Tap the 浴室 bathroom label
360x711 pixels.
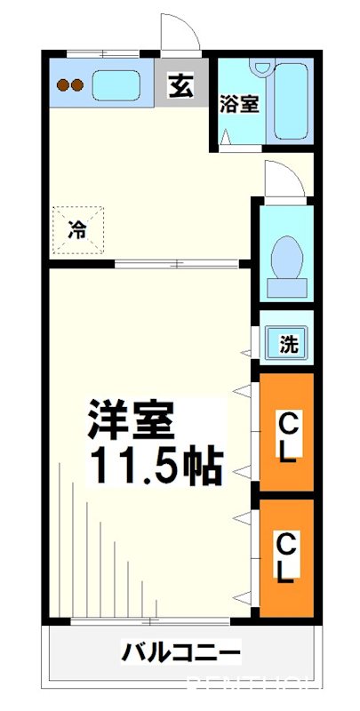click(x=239, y=102)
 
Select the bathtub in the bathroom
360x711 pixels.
click(x=292, y=100)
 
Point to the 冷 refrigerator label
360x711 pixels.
click(x=78, y=231)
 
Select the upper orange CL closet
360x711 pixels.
click(x=286, y=434)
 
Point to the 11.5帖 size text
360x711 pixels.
click(x=153, y=466)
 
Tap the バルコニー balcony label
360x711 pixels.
click(x=180, y=655)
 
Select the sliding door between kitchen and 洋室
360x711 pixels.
click(x=178, y=264)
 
